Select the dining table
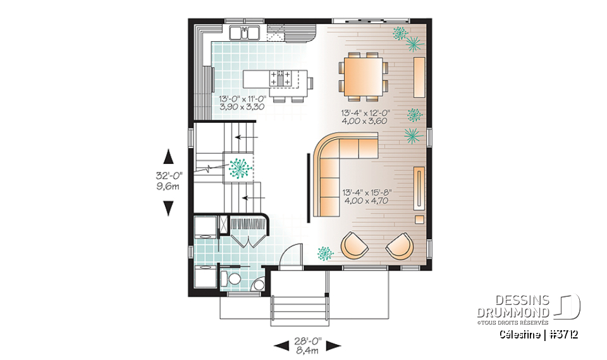point(363,76)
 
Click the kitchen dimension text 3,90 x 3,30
point(241,108)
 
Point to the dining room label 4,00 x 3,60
point(364,120)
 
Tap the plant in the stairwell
point(239,168)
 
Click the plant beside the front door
point(325,253)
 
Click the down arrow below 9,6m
point(169,208)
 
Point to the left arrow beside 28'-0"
point(279,345)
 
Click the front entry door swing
point(288,256)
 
